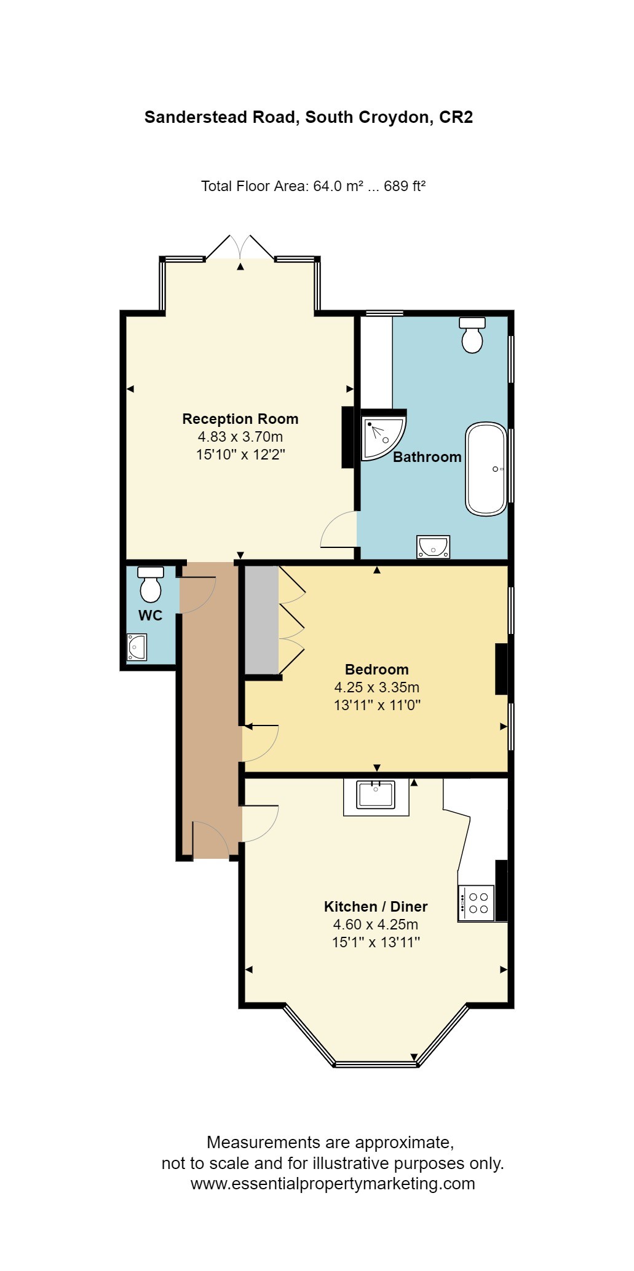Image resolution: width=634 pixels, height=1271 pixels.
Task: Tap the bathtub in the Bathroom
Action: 486,469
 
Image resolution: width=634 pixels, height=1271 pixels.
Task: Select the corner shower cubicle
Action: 381,436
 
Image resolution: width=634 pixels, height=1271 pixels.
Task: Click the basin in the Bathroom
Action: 433,546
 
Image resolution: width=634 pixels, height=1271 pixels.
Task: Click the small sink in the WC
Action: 137,647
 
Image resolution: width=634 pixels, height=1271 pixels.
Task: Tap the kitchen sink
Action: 376,796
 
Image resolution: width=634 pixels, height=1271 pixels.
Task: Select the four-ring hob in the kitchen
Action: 477,902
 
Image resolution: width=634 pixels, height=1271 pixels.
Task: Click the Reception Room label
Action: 240,419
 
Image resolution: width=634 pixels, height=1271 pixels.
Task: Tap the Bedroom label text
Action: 376,669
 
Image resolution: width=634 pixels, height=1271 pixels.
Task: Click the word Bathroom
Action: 427,457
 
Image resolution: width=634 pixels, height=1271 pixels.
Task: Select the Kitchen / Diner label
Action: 375,906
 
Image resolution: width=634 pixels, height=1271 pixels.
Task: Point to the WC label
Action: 150,616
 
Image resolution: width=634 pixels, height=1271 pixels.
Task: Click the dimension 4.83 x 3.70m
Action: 240,437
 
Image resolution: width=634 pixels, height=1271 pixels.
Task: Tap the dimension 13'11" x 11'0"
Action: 376,705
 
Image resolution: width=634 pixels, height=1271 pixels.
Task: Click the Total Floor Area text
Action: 313,186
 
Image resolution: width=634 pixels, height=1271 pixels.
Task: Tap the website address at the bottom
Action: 332,1184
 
